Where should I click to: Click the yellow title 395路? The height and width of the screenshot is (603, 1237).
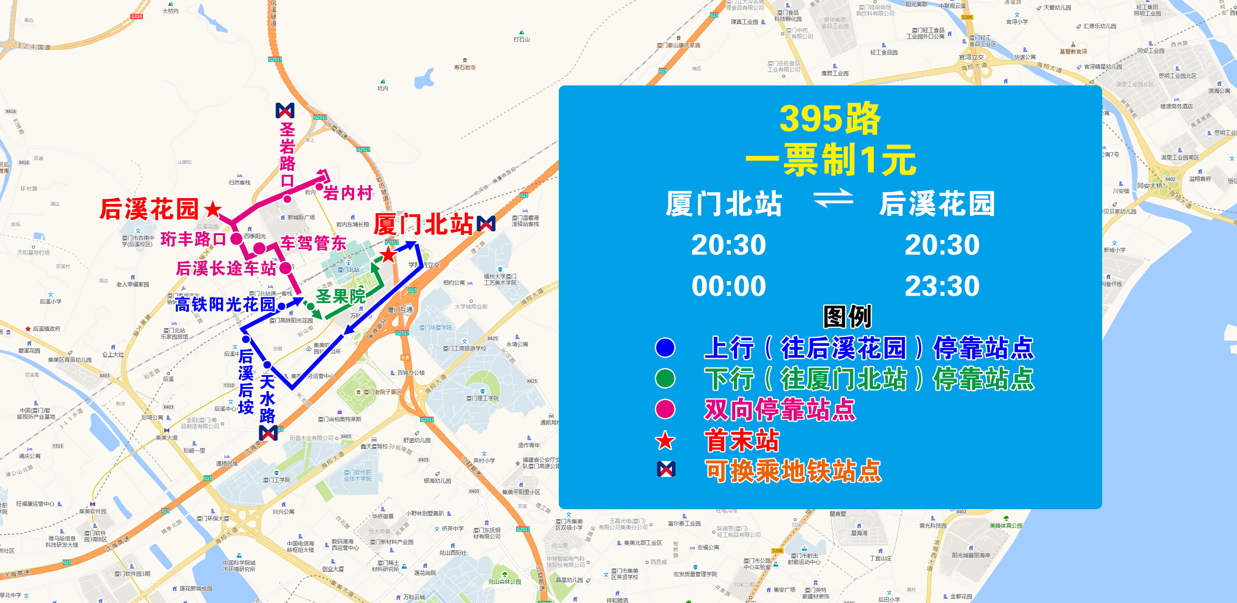[830, 119]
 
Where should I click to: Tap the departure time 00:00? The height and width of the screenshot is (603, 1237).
[728, 286]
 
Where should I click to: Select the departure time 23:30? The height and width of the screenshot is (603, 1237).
[942, 286]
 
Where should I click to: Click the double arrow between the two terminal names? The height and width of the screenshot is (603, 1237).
[833, 198]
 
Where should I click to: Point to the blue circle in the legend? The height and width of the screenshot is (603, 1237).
[665, 348]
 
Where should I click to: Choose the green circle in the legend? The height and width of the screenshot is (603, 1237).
[665, 378]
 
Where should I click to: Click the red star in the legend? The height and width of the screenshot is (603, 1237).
[665, 441]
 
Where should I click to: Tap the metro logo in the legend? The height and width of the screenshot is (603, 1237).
[666, 469]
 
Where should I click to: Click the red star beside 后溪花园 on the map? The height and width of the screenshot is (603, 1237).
[213, 209]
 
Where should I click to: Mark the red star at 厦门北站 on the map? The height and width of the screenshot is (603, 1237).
[387, 255]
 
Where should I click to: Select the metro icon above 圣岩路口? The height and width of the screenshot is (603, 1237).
[285, 111]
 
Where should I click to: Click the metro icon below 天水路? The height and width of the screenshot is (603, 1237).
[268, 433]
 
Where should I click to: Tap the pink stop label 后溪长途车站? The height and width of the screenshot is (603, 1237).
[226, 268]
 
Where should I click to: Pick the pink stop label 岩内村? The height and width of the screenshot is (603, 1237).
[348, 193]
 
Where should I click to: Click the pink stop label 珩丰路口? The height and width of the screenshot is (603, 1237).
[193, 239]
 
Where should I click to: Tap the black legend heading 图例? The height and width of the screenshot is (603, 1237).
[847, 317]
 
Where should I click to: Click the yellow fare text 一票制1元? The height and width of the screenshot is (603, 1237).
[831, 160]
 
